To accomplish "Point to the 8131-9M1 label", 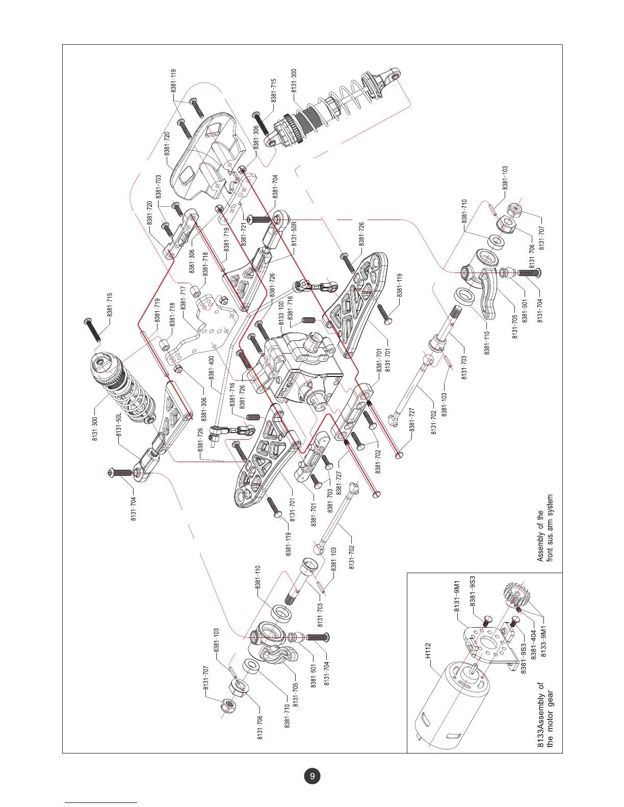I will click(457, 596).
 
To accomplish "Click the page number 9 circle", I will click(312, 776).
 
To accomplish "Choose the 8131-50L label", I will click(119, 426).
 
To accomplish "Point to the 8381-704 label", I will click(275, 186).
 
